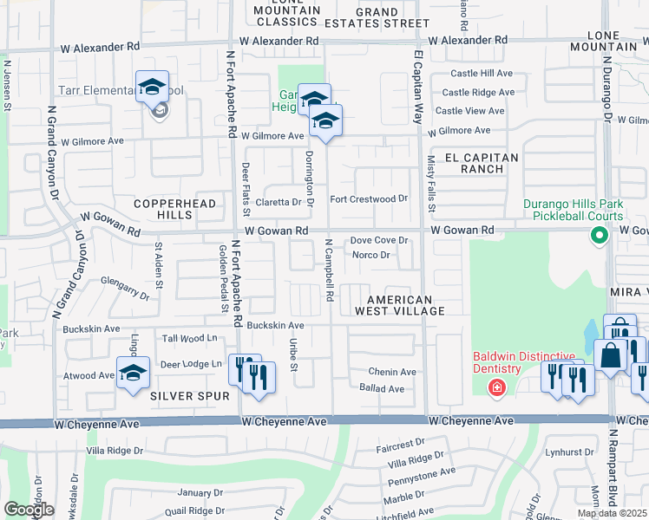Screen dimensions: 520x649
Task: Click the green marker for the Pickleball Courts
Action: [599, 235]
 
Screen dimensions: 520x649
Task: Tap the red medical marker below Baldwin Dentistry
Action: [496, 387]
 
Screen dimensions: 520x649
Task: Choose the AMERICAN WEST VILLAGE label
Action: [400, 304]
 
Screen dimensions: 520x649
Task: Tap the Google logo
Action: [29, 510]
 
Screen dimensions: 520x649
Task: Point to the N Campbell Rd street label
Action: [330, 270]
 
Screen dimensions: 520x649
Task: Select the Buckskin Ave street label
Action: [275, 325]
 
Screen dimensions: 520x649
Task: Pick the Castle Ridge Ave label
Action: [478, 92]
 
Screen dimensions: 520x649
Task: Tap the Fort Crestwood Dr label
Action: [368, 198]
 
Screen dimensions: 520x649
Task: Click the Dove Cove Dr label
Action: [378, 241]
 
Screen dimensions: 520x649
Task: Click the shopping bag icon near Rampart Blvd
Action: [611, 356]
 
